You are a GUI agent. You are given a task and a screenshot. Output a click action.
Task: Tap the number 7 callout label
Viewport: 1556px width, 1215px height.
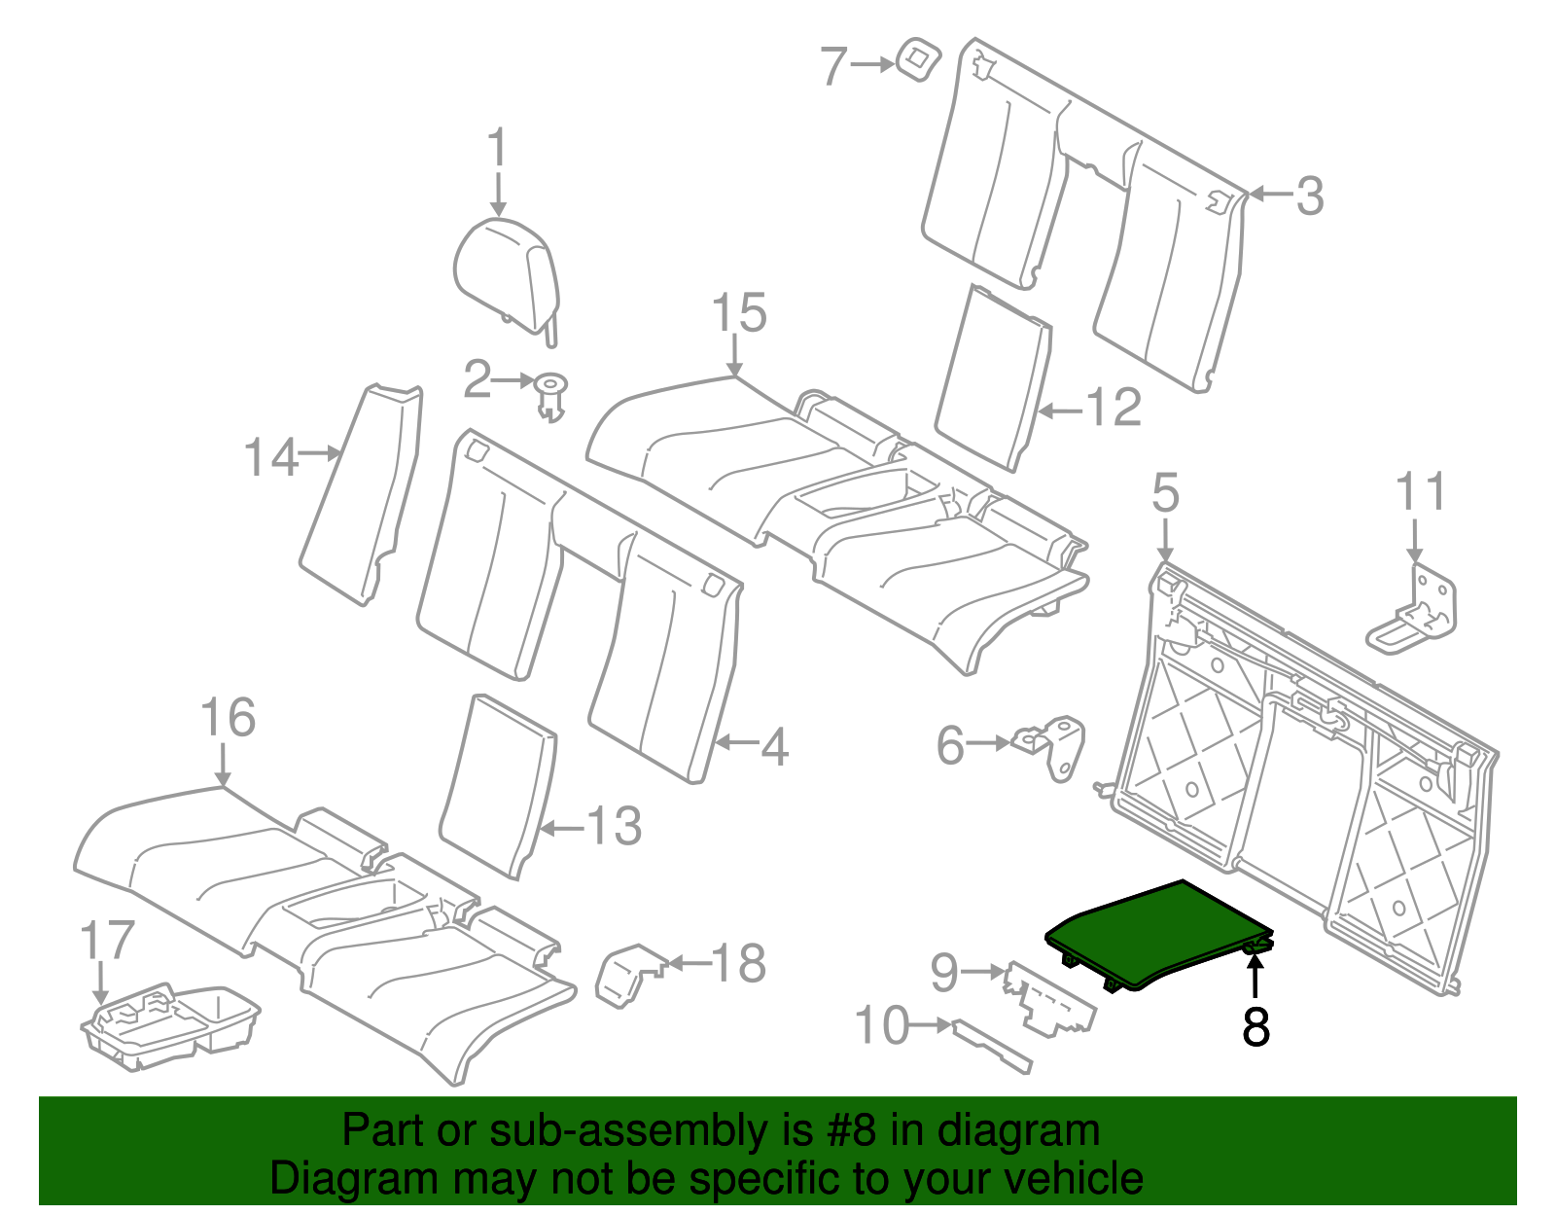click(x=833, y=66)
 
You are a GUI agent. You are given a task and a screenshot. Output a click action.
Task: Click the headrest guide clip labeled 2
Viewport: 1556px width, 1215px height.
click(x=550, y=397)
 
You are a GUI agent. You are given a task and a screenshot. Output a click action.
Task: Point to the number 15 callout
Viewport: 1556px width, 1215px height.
click(x=739, y=312)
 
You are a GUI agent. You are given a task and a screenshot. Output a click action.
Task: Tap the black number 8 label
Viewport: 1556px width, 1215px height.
click(x=1255, y=1026)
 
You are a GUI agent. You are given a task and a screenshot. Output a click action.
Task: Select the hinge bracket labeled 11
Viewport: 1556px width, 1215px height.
click(x=1411, y=609)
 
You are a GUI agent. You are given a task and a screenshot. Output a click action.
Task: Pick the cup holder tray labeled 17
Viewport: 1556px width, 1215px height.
click(x=170, y=1027)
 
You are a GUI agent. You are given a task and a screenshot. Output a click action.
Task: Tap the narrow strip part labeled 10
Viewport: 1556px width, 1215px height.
click(x=992, y=1046)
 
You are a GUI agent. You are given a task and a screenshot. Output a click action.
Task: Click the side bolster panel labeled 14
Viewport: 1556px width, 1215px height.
click(x=361, y=495)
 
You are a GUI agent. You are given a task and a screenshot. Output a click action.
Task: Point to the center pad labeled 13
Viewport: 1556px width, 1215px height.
click(x=498, y=786)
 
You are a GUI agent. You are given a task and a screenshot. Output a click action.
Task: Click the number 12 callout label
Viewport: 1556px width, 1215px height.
click(x=1114, y=408)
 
